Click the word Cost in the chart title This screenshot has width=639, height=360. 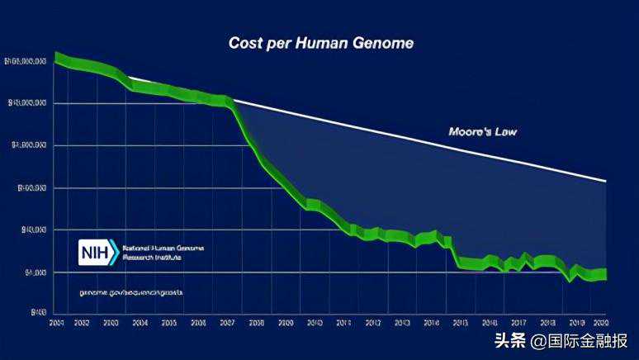click(x=244, y=43)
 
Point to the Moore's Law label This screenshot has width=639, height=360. click(x=483, y=131)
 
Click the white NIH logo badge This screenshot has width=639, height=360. click(x=98, y=253)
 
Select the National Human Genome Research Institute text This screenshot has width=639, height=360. click(x=163, y=253)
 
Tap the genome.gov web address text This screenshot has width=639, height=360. click(x=131, y=292)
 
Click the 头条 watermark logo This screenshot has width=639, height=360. click(x=510, y=340)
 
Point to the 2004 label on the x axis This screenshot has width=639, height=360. click(x=140, y=322)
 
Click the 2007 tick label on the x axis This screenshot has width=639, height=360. click(x=227, y=322)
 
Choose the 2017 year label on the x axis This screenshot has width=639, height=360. click(x=518, y=322)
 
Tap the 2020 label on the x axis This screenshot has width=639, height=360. click(x=600, y=322)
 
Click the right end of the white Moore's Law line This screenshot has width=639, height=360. click(x=606, y=180)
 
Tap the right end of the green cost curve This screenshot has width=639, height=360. click(x=606, y=275)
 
